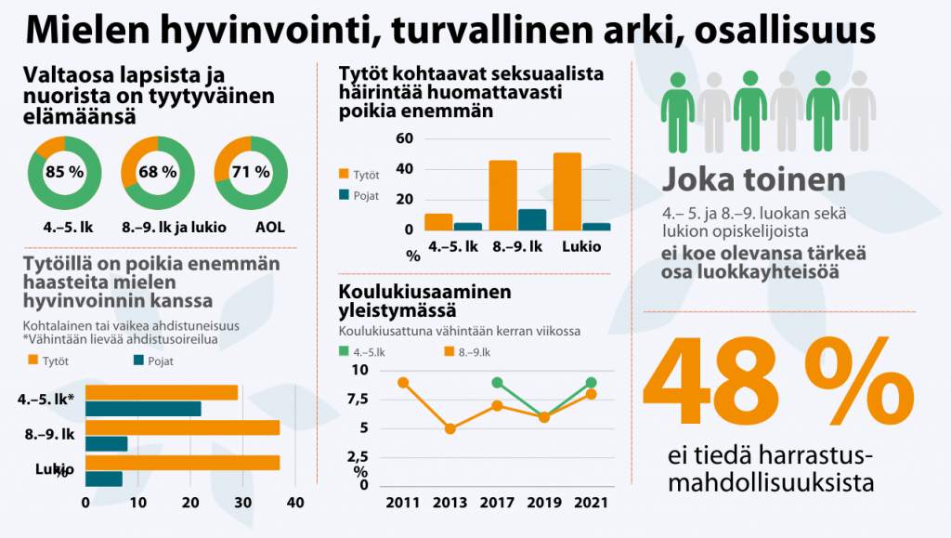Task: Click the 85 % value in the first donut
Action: pos(64,172)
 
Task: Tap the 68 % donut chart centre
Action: pos(157,172)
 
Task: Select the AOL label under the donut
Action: pos(251,227)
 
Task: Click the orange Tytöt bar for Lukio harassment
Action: pos(567,190)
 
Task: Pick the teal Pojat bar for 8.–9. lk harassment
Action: pos(532,219)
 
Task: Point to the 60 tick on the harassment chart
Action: pos(404,138)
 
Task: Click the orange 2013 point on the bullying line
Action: pos(450,428)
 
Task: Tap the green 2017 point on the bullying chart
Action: pos(498,383)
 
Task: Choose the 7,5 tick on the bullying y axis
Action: pos(356,400)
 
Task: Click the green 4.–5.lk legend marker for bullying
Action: pos(344,351)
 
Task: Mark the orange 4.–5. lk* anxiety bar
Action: pos(162,392)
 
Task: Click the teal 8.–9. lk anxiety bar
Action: pos(107,443)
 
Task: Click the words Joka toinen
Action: pos(754,179)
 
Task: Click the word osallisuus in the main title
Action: pos(778,30)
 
